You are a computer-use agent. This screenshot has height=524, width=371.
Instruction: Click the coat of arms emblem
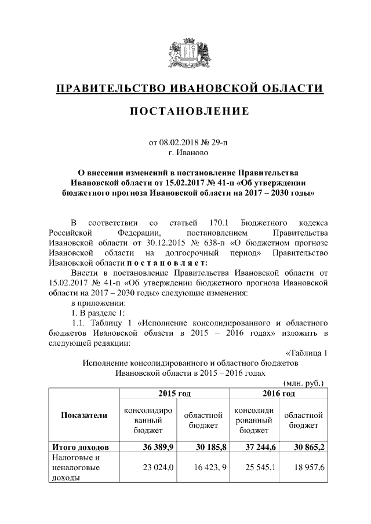tap(185, 54)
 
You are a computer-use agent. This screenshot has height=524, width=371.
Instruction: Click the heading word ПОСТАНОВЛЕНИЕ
tap(185, 111)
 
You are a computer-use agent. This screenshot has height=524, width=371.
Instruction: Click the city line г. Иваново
tap(185, 153)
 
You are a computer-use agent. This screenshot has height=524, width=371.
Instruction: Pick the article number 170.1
tap(205, 223)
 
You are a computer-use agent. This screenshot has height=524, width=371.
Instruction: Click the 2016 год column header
tap(278, 394)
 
